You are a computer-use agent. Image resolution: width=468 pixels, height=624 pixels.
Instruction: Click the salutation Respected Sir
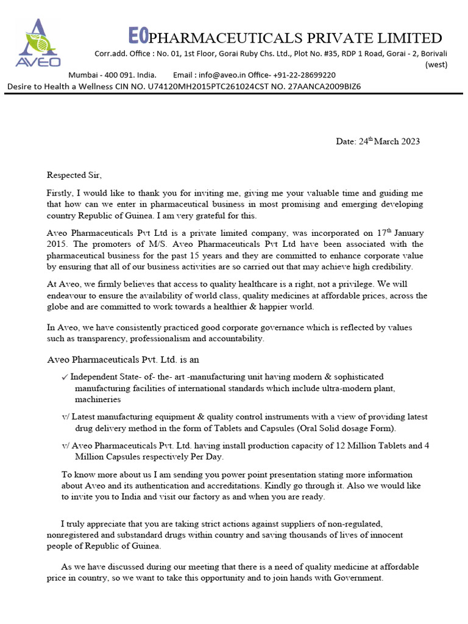pyautogui.click(x=71, y=175)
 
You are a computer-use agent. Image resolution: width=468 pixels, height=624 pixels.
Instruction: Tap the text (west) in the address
pyautogui.click(x=436, y=64)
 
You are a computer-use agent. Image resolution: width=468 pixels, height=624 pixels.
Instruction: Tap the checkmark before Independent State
pyautogui.click(x=65, y=377)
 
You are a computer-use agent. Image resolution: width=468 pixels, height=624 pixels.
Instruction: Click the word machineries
pyautogui.click(x=97, y=400)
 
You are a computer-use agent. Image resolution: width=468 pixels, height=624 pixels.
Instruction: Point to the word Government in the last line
pyautogui.click(x=358, y=578)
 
